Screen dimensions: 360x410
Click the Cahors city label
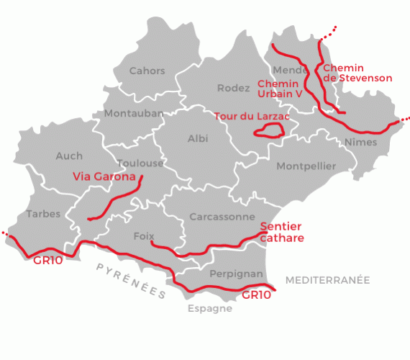click(x=147, y=71)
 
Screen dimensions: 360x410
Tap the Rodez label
click(x=232, y=88)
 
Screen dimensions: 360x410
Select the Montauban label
click(x=133, y=114)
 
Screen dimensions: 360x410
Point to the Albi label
click(x=198, y=138)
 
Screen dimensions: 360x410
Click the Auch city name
click(x=69, y=156)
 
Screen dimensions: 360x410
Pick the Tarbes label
click(x=43, y=214)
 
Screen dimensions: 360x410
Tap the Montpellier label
click(x=306, y=166)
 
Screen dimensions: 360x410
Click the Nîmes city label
click(x=360, y=142)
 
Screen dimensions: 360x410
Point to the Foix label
click(x=144, y=235)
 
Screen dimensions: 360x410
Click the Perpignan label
click(x=235, y=274)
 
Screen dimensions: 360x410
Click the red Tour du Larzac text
click(x=248, y=115)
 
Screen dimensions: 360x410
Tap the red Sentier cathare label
click(x=282, y=232)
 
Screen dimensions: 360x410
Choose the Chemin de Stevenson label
click(x=357, y=73)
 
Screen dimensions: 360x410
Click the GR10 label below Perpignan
click(x=256, y=295)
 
